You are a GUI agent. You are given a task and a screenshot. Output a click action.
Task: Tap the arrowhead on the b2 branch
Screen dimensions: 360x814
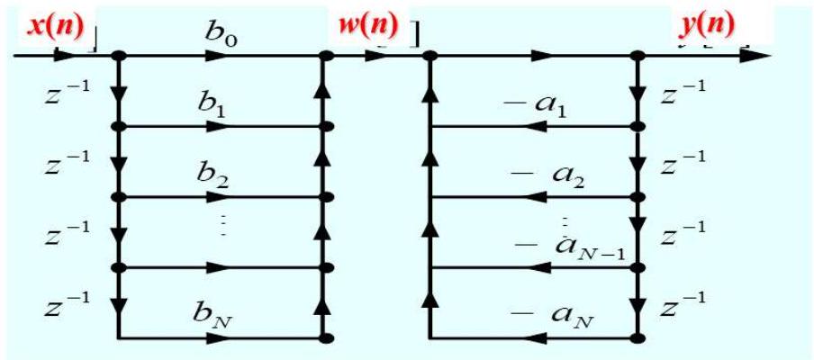(x=217, y=197)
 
